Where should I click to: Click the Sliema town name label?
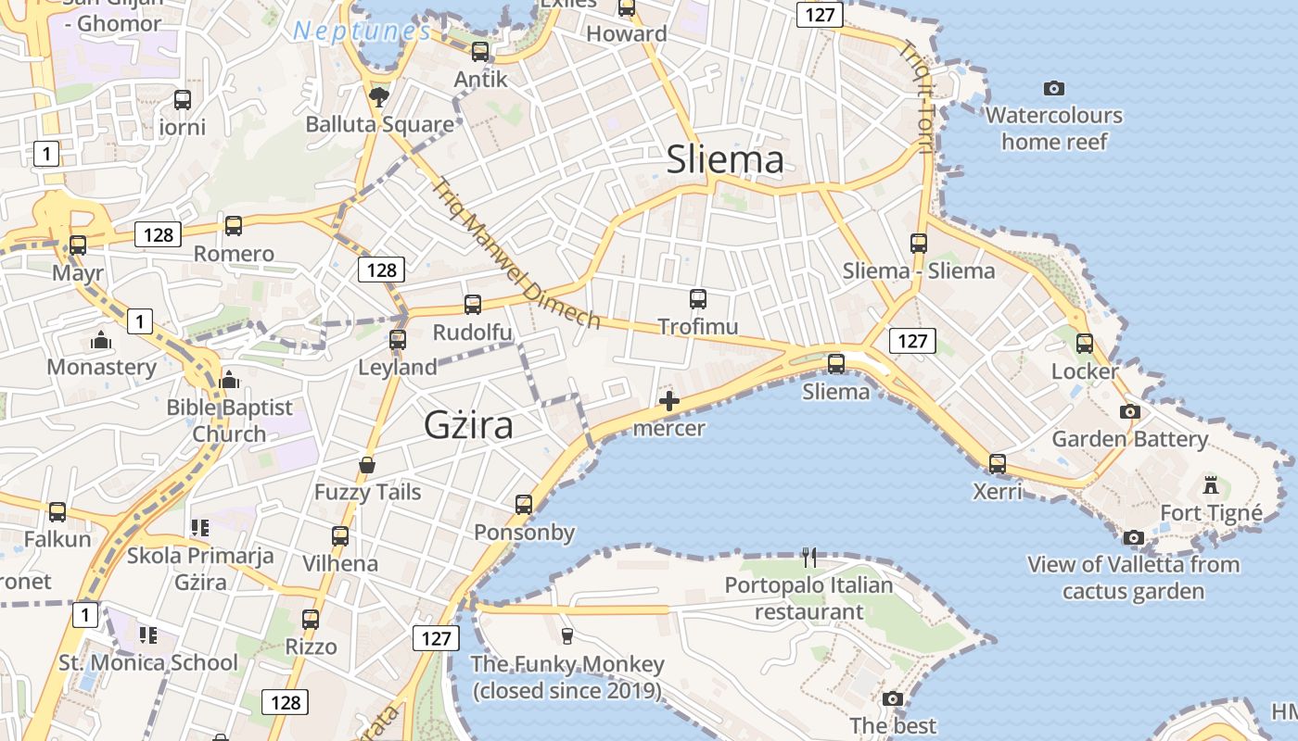(x=725, y=160)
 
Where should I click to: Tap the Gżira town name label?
(x=468, y=425)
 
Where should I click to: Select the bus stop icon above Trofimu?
(x=698, y=299)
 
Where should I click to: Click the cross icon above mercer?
(x=668, y=401)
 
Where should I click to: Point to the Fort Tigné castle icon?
(x=1211, y=484)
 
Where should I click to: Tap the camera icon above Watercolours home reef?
(x=1054, y=89)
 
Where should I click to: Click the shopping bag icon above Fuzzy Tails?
(x=367, y=464)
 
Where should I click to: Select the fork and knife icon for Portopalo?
(x=809, y=557)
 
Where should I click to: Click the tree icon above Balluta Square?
(x=379, y=95)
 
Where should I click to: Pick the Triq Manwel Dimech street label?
(x=515, y=252)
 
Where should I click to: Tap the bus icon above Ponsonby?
(x=524, y=505)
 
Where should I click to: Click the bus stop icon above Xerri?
(x=998, y=463)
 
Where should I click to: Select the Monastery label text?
(x=102, y=367)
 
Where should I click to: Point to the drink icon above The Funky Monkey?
(x=567, y=635)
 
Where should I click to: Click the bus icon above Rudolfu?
(x=473, y=304)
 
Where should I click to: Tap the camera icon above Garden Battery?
(x=1129, y=411)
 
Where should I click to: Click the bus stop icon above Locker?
(x=1085, y=344)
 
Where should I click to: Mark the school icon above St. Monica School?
(x=147, y=635)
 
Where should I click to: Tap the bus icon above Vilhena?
(x=340, y=535)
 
